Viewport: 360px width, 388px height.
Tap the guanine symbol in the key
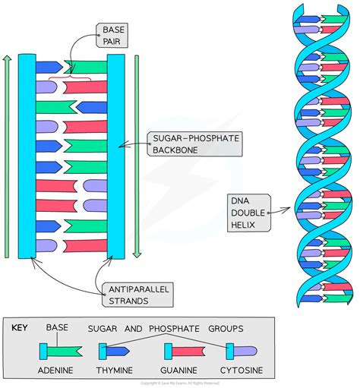[181, 351]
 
